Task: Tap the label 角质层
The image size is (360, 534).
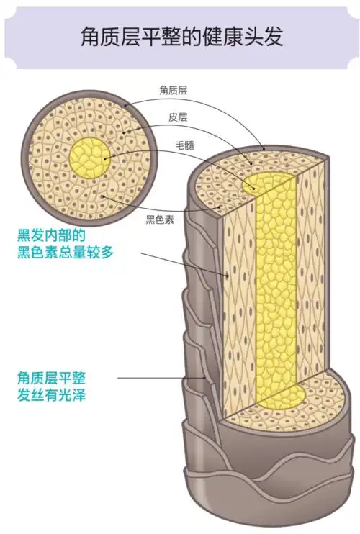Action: [173, 91]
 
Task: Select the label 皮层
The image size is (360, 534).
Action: [177, 117]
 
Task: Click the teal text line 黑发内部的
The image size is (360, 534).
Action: [51, 235]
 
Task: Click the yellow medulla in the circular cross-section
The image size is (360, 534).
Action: [89, 158]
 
